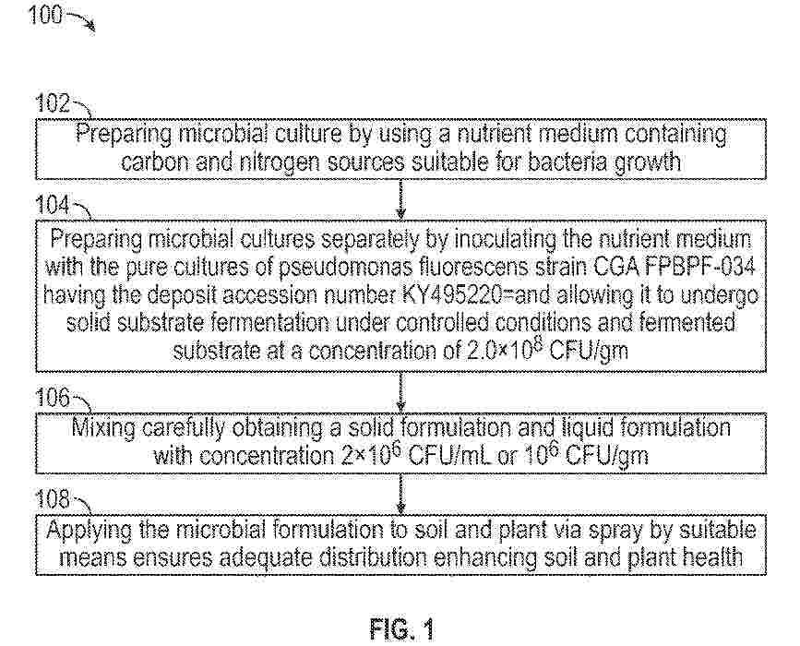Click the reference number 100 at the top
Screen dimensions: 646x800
pos(45,16)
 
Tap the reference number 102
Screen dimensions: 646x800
pos(54,103)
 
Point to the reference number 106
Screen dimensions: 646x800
pos(54,398)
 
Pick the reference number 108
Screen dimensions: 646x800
pos(54,500)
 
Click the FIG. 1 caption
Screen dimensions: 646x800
pos(400,631)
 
